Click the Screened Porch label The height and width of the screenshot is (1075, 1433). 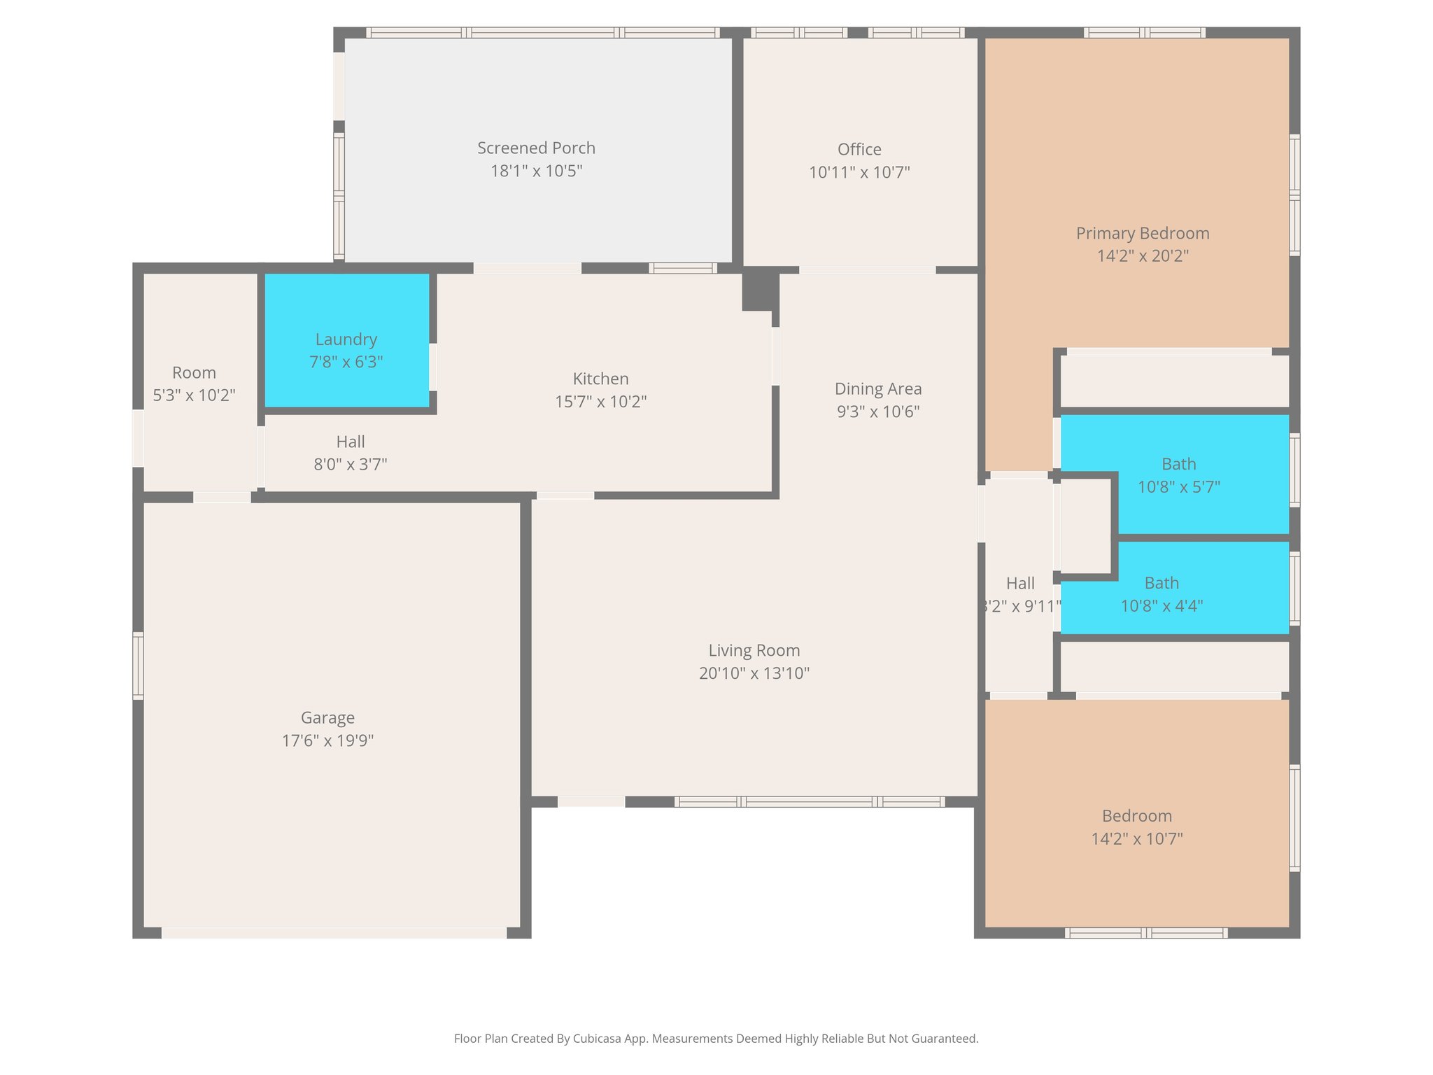536,148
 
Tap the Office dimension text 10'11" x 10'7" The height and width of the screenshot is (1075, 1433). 859,172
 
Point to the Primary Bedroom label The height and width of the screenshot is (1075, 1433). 1142,234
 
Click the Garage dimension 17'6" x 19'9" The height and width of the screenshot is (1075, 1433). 327,740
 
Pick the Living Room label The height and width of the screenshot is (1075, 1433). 754,650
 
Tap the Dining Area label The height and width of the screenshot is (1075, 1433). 877,389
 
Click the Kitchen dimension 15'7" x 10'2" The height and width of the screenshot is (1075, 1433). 600,402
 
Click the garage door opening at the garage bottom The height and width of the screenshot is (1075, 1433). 334,933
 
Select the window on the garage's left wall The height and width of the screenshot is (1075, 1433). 139,666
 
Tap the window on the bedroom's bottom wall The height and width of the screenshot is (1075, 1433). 1145,933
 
